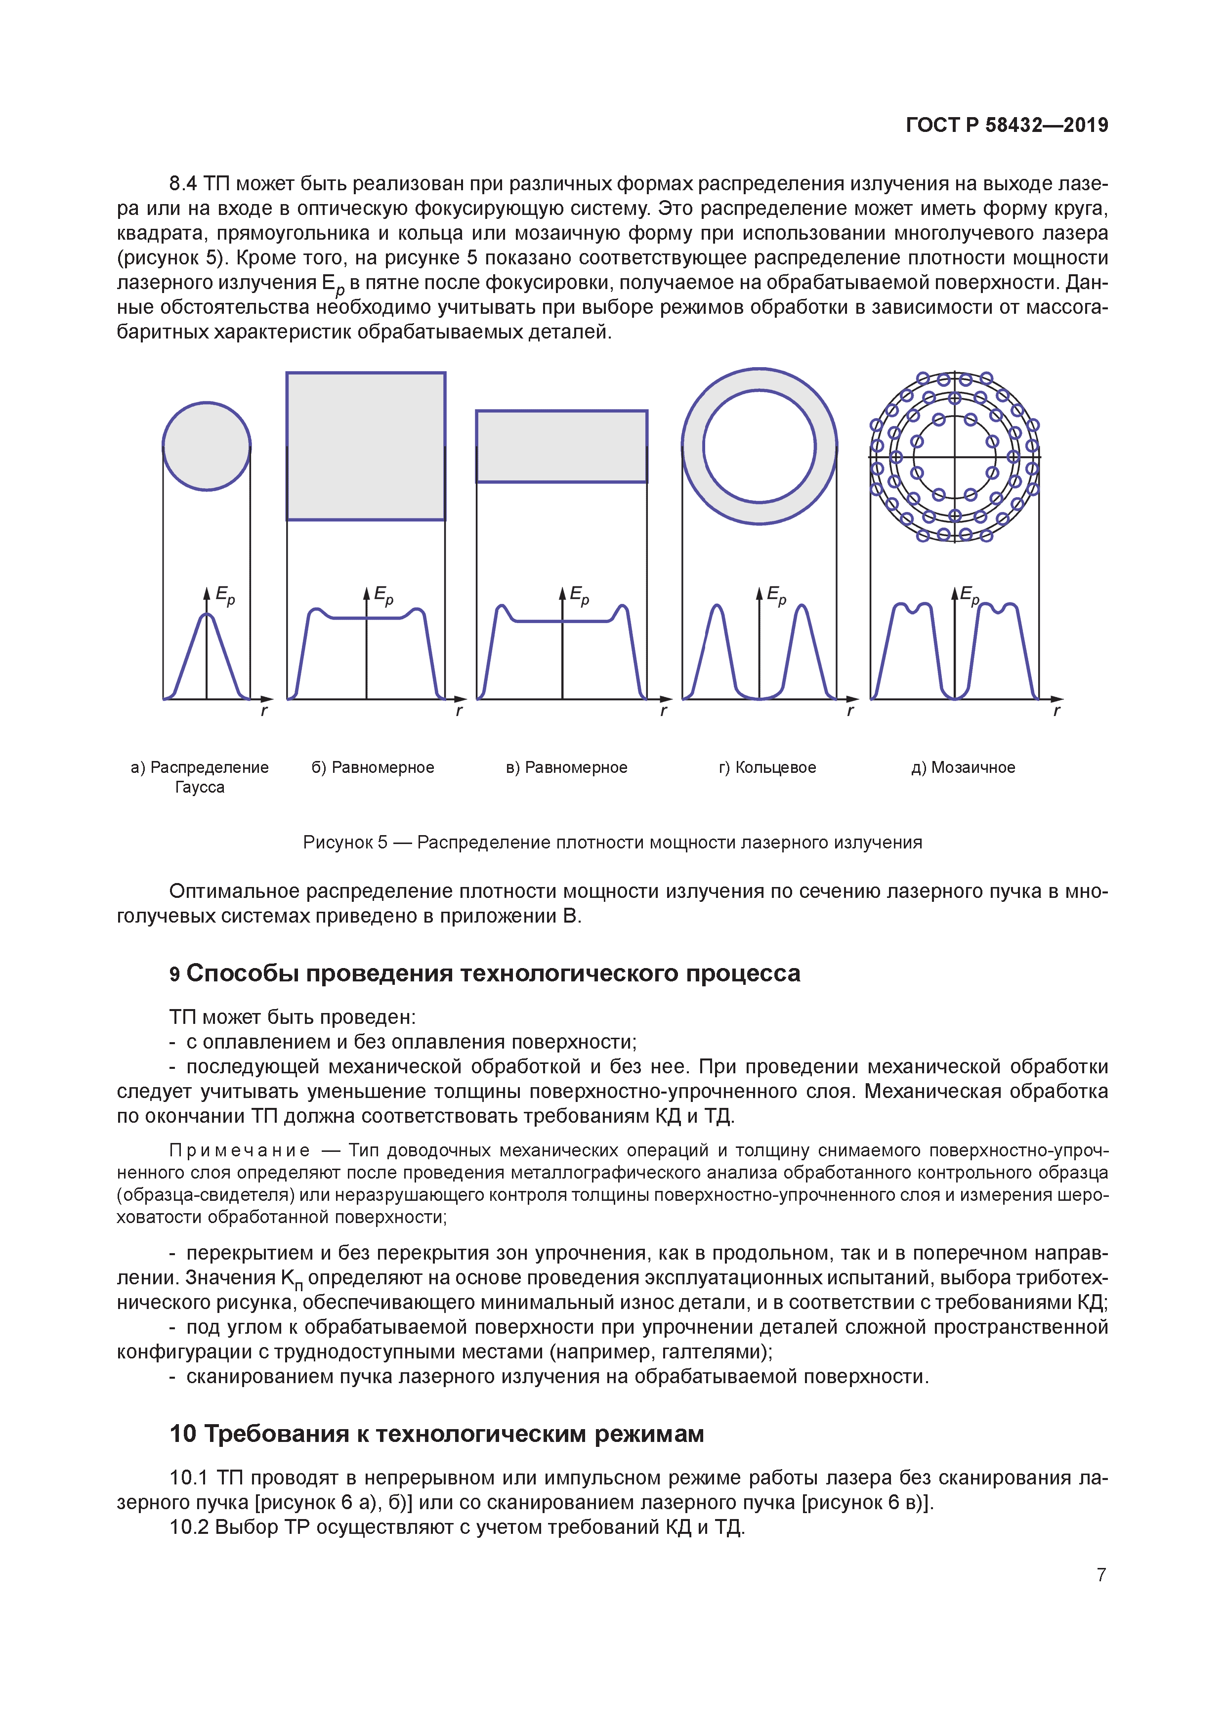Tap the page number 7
tap(1101, 1574)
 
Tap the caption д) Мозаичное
tap(963, 767)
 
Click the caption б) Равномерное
tap(373, 767)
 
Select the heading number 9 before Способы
tap(174, 974)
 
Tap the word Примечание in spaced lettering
tap(239, 1150)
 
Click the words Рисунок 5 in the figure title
tap(345, 843)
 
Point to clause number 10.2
tap(189, 1527)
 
